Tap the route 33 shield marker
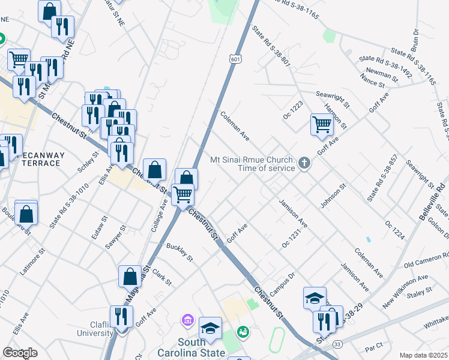338,344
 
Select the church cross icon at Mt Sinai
304,163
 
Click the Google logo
20,353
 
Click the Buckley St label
179,253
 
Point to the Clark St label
162,277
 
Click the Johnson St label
334,196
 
